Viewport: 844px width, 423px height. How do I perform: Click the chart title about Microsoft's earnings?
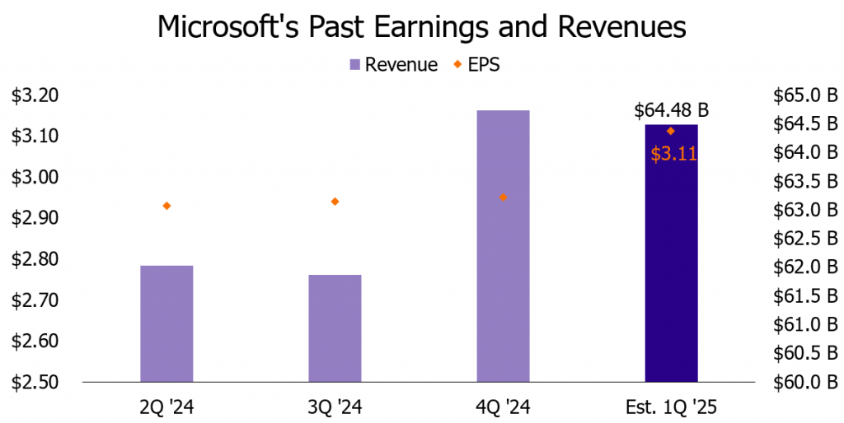pyautogui.click(x=421, y=26)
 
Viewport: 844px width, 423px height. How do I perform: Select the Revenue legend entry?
pyautogui.click(x=392, y=65)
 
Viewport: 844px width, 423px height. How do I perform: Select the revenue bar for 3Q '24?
pyautogui.click(x=335, y=328)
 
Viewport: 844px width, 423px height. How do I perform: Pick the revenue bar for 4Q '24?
pyautogui.click(x=503, y=246)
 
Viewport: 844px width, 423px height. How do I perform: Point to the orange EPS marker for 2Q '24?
pyautogui.click(x=166, y=206)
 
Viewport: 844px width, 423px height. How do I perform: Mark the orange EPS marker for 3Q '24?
pyautogui.click(x=335, y=202)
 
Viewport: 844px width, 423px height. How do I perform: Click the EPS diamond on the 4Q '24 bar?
pyautogui.click(x=503, y=198)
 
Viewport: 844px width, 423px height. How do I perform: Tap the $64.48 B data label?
pyautogui.click(x=671, y=111)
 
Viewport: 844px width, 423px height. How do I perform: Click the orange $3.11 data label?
pyautogui.click(x=673, y=153)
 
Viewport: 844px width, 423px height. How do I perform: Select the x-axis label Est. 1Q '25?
pyautogui.click(x=671, y=407)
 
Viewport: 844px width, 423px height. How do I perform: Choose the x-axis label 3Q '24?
pyautogui.click(x=335, y=407)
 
